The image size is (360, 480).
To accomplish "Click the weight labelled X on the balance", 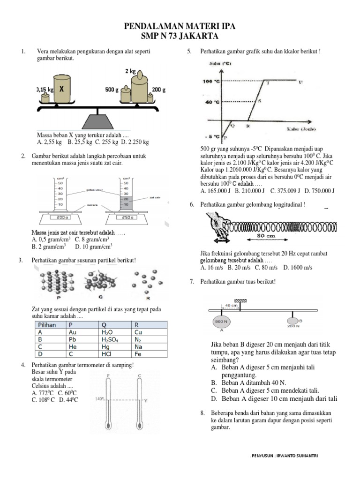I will [x=62, y=89].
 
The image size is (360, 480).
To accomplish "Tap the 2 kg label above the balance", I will [x=130, y=72].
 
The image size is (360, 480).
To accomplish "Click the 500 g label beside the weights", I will [x=112, y=89].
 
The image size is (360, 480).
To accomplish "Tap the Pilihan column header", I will [x=46, y=325].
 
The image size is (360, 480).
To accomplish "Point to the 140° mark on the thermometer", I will [x=99, y=399].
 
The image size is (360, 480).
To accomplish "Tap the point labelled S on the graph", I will [x=259, y=101].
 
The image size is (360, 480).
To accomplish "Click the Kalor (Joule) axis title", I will [x=301, y=128].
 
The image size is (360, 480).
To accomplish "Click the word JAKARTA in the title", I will [x=199, y=37].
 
